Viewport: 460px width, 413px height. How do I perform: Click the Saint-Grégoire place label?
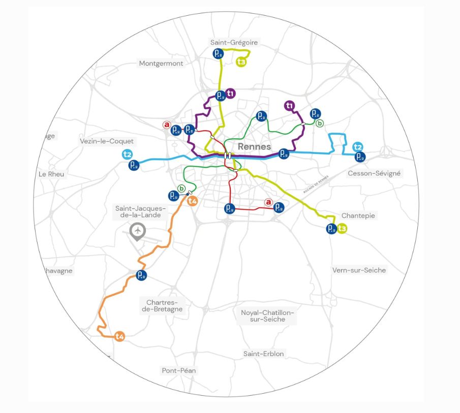point(234,43)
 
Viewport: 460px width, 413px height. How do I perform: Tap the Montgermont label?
point(161,63)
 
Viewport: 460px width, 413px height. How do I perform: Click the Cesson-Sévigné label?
point(374,173)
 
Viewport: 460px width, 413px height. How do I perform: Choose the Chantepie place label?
point(358,215)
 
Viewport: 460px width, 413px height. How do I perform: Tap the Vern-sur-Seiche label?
point(358,270)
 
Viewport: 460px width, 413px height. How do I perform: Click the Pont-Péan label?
point(179,370)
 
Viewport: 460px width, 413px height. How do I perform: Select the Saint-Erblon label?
point(263,354)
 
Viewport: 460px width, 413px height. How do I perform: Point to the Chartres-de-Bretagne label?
point(162,305)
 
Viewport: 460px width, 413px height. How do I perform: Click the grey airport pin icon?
point(137,231)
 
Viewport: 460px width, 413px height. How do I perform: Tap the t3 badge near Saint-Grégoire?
point(241,62)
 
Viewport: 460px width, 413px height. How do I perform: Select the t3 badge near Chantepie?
point(343,229)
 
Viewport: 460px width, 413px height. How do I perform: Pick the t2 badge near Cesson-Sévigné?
point(358,147)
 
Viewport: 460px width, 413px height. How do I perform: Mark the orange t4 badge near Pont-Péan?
point(119,336)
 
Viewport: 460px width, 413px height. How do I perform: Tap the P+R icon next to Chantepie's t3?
point(331,229)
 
